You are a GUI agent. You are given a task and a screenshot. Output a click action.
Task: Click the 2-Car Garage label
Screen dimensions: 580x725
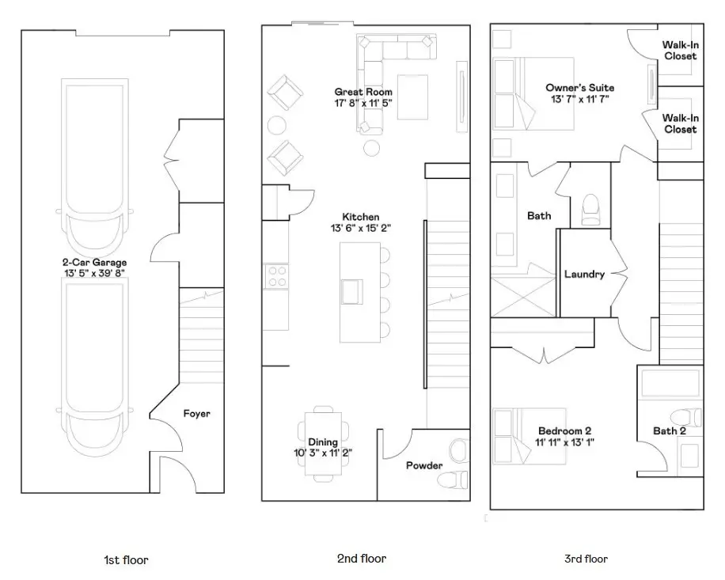click(x=94, y=263)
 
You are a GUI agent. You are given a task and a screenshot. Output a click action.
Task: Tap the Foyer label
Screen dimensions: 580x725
click(x=196, y=413)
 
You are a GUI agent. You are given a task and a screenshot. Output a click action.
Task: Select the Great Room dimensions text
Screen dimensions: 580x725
click(x=362, y=103)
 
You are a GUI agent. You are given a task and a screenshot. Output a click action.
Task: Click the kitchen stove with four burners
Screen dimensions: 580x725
click(x=276, y=276)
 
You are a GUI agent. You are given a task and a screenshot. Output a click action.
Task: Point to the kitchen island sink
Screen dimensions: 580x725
click(x=353, y=290)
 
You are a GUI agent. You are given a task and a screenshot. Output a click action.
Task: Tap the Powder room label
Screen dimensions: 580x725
click(x=424, y=465)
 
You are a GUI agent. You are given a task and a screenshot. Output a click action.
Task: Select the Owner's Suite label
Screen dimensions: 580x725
click(x=579, y=88)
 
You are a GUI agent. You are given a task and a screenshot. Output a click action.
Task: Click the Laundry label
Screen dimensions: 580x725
click(x=584, y=275)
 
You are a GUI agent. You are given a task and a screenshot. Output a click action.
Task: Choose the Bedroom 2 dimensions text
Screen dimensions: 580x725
click(x=564, y=442)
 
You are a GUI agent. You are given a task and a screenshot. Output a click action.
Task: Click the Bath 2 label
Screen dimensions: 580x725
click(x=669, y=431)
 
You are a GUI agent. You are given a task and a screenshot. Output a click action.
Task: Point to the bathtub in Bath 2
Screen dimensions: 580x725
click(x=670, y=385)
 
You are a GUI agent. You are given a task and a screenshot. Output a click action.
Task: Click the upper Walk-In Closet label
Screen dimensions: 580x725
click(x=680, y=51)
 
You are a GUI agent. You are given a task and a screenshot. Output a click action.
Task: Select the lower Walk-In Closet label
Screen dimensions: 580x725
click(x=680, y=123)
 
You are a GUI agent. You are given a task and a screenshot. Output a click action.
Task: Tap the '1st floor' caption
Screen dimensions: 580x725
click(x=126, y=560)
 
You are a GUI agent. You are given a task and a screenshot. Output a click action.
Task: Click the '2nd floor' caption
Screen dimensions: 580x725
click(x=361, y=559)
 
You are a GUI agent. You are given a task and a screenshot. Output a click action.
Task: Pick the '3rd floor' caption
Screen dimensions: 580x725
click(x=586, y=559)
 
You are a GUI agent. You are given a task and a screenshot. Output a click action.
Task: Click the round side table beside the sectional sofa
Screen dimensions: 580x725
click(x=370, y=147)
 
